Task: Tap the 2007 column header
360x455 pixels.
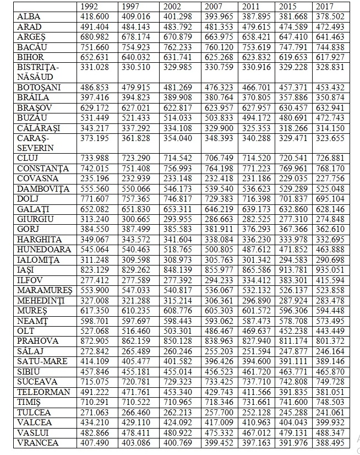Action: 214,7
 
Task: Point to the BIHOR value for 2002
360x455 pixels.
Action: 177,57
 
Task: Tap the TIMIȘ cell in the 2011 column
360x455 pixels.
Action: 255,402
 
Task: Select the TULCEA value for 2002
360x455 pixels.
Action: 177,411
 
